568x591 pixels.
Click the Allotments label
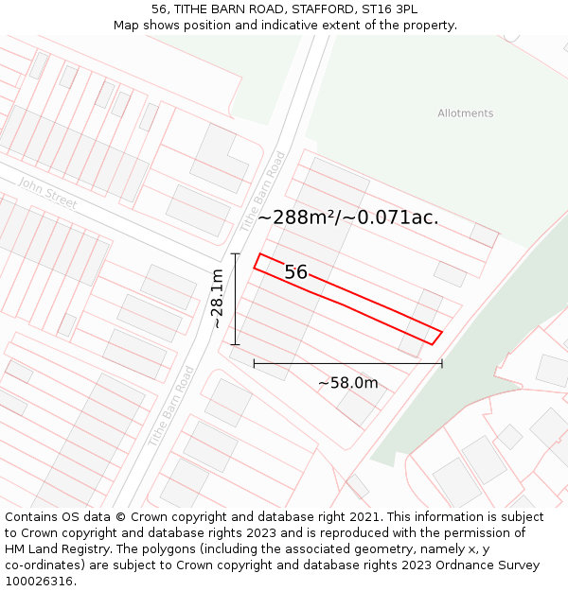(x=465, y=113)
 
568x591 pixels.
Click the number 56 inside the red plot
(x=295, y=272)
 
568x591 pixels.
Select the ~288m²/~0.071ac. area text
(x=347, y=217)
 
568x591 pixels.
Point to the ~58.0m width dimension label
(x=347, y=383)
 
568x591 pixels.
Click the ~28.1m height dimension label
(x=217, y=299)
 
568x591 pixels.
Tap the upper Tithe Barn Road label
(x=262, y=192)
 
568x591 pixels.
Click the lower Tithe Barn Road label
(x=171, y=407)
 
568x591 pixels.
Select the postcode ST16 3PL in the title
(x=391, y=9)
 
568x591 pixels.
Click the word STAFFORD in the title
(x=304, y=9)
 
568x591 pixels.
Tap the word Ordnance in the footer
(x=441, y=565)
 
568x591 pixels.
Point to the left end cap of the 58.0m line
(x=254, y=363)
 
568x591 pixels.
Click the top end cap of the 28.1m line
(x=236, y=253)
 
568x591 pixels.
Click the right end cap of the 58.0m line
(x=442, y=363)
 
